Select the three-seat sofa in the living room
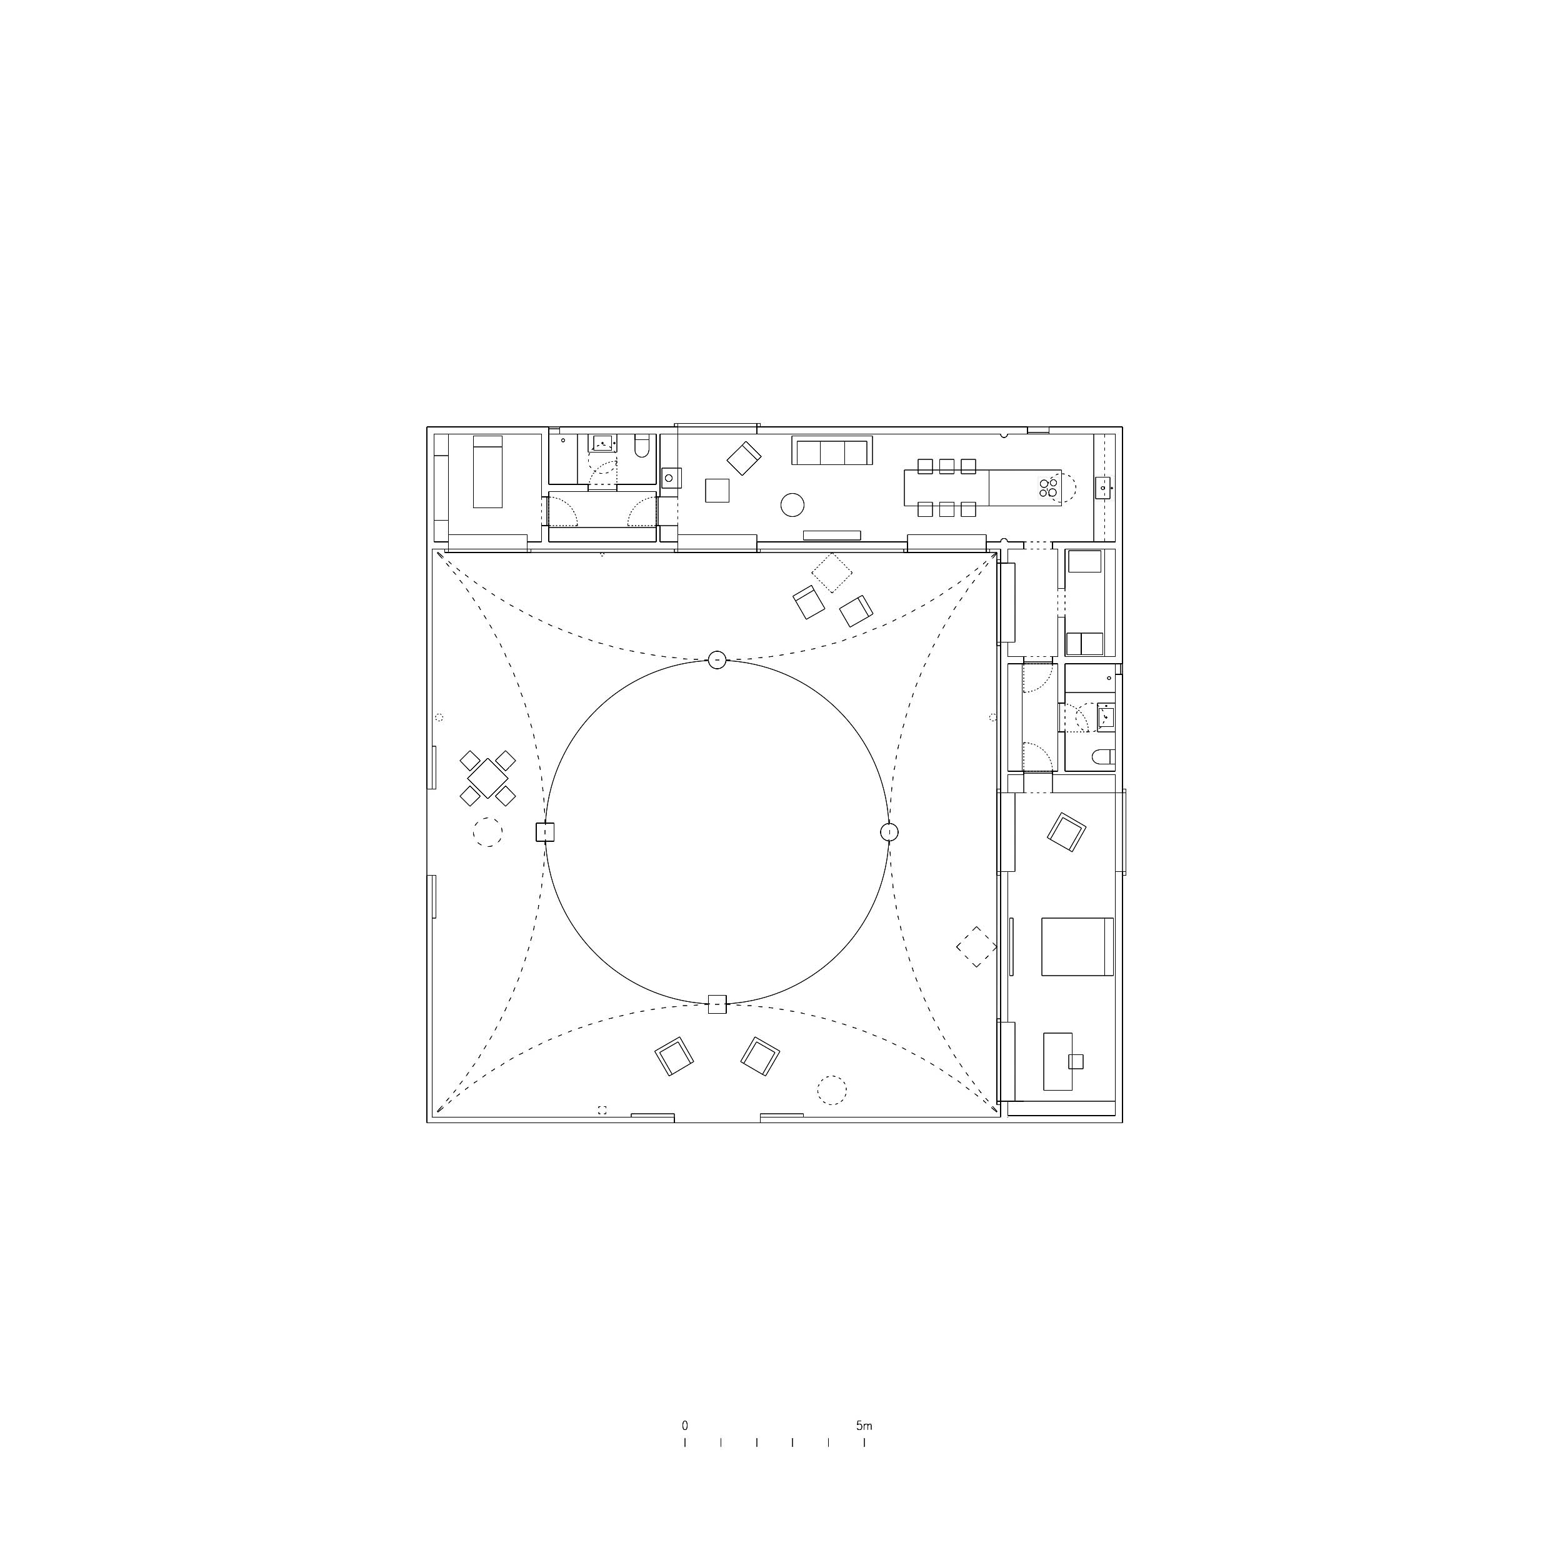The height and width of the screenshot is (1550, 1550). tap(832, 450)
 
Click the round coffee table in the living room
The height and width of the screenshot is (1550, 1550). tap(792, 504)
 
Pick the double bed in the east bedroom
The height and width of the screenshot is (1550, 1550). tap(1077, 946)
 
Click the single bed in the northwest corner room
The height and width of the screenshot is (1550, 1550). tap(487, 472)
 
